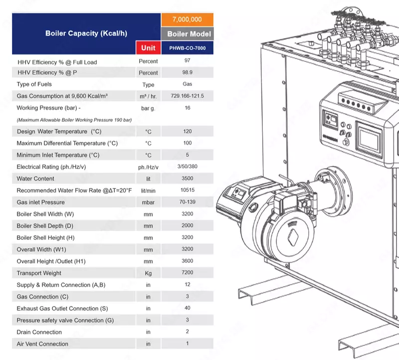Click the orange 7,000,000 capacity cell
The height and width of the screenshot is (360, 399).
point(187,19)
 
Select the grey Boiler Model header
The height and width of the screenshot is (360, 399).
point(187,34)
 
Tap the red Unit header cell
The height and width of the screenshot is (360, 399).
point(148,48)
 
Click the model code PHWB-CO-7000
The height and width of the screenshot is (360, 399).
point(187,48)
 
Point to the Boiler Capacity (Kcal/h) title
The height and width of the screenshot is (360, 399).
point(86,33)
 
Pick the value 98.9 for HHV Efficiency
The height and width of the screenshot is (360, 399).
point(187,73)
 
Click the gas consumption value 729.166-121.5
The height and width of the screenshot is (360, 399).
point(187,96)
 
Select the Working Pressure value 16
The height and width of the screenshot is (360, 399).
point(187,108)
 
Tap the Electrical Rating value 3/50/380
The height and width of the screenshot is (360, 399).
point(187,167)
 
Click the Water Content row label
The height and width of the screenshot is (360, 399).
point(35,179)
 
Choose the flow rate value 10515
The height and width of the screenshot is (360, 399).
point(187,190)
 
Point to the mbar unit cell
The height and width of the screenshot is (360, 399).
point(148,202)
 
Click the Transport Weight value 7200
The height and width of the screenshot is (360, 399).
point(187,273)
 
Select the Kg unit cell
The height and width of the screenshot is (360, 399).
point(148,273)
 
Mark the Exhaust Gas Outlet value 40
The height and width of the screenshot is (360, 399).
point(187,308)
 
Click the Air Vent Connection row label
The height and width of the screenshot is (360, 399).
point(42,344)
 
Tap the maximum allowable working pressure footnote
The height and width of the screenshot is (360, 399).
point(74,120)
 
